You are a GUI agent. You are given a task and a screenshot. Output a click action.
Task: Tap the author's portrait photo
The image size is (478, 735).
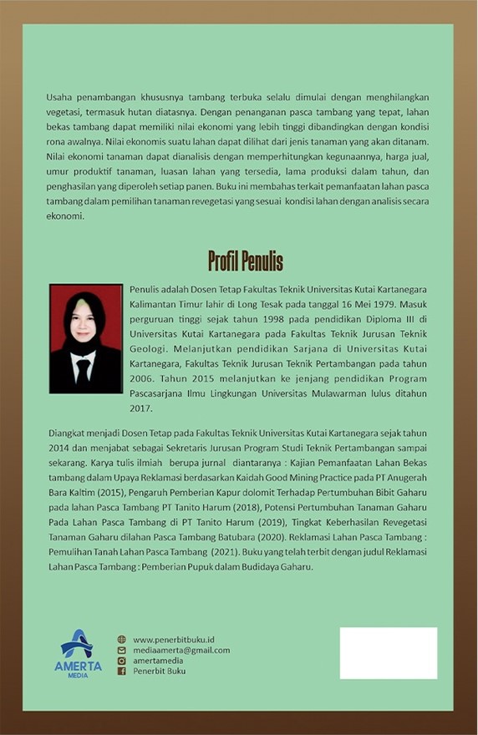[x=85, y=338]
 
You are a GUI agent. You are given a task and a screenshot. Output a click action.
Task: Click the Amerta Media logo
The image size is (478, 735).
[x=78, y=653]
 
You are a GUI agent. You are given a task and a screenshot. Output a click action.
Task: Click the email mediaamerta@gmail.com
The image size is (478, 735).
[x=181, y=650]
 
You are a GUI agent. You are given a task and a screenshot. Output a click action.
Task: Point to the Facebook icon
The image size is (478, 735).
[x=121, y=671]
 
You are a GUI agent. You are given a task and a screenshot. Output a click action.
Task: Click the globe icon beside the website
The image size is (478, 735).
[x=121, y=639]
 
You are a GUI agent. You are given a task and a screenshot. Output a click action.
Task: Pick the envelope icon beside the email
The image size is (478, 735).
[x=121, y=650]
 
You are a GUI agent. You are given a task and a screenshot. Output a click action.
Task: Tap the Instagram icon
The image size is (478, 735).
[x=121, y=660]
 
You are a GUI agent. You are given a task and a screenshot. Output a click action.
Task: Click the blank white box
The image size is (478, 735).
[x=388, y=653]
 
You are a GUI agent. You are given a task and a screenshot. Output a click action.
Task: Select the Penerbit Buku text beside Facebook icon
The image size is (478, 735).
[x=159, y=671]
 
